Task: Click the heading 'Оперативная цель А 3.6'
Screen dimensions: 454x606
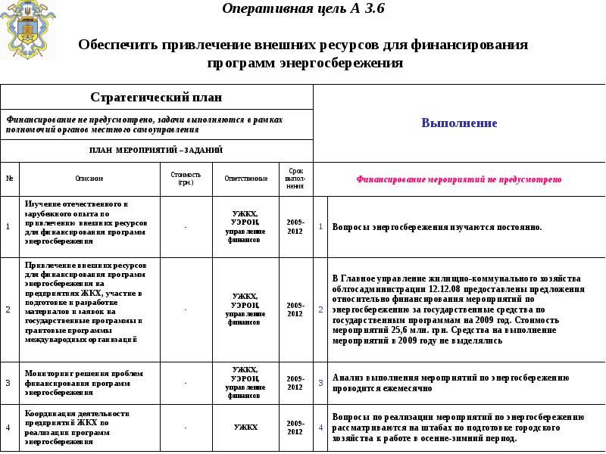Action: click(x=303, y=9)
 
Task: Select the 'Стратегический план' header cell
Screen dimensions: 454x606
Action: click(x=156, y=98)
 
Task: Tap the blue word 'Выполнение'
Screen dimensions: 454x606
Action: click(x=459, y=123)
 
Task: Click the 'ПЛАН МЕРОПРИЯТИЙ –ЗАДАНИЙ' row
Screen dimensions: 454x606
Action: click(x=156, y=150)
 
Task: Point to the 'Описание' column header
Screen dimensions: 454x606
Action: click(x=89, y=179)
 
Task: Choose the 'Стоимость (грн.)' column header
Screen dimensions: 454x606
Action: click(x=186, y=179)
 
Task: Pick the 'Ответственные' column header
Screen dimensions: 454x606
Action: click(x=245, y=179)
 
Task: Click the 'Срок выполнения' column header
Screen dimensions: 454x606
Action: click(x=295, y=179)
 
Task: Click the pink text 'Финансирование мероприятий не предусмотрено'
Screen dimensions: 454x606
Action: click(x=459, y=179)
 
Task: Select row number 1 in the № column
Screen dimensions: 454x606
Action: click(x=8, y=226)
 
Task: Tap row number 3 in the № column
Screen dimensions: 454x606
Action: click(x=8, y=383)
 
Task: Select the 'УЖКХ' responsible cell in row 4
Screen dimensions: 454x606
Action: click(x=245, y=428)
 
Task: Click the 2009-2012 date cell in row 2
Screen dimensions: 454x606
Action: click(x=295, y=309)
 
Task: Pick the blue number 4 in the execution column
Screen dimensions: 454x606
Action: click(x=320, y=428)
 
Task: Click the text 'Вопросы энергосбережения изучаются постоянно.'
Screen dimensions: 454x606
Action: click(x=437, y=227)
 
